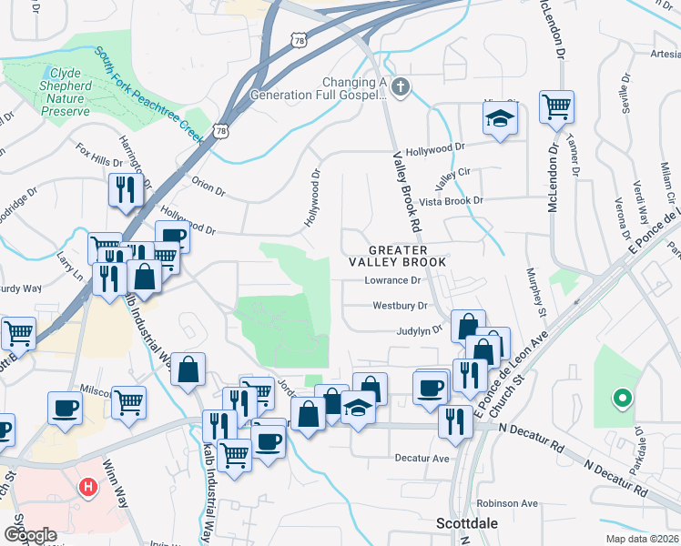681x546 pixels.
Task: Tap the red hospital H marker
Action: click(88, 487)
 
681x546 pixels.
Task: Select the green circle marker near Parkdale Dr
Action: click(623, 397)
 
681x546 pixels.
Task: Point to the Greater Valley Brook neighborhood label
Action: click(408, 256)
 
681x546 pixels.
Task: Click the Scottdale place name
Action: click(466, 523)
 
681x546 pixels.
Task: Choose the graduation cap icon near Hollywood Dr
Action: click(499, 118)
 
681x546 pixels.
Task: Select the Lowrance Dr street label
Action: click(396, 280)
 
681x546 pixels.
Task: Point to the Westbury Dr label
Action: click(400, 306)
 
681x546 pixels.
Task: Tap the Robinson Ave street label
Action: click(508, 503)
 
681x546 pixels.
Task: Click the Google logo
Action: click(30, 535)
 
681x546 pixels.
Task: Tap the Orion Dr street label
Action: click(208, 187)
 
